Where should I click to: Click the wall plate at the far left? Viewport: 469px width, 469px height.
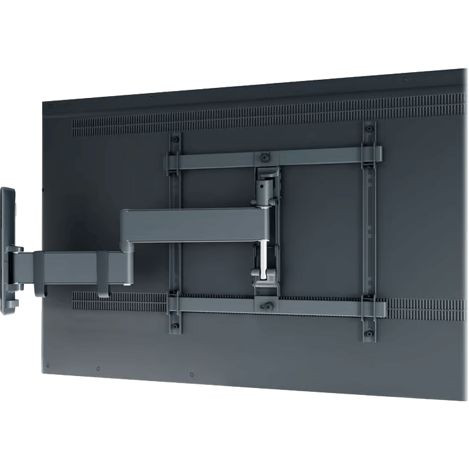(x=8, y=251)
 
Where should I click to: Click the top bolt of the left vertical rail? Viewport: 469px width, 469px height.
(x=176, y=139)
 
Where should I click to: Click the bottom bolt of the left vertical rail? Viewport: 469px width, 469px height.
(x=176, y=323)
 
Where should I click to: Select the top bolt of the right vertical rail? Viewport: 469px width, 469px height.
(x=369, y=130)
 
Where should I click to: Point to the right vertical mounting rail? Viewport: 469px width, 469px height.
(x=369, y=232)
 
